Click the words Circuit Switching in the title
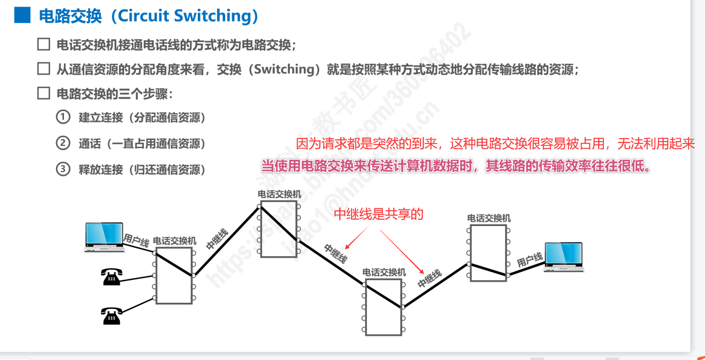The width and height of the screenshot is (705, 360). tap(184, 16)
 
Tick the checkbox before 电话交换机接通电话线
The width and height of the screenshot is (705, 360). tap(43, 45)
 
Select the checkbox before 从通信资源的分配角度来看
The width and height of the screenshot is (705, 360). tap(43, 69)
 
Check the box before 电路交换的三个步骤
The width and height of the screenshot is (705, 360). tap(43, 93)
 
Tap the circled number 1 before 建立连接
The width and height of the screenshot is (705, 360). tap(63, 117)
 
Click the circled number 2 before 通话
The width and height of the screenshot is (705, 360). tap(63, 143)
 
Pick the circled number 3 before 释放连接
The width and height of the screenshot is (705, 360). tap(63, 169)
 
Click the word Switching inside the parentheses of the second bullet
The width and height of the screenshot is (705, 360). tap(283, 70)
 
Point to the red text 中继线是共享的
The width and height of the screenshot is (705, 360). tap(378, 215)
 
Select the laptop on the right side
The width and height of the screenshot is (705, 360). tap(564, 257)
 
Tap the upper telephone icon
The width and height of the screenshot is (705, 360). tap(111, 277)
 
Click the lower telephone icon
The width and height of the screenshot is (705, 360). tap(111, 316)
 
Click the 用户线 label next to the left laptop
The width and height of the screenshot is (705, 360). tap(136, 239)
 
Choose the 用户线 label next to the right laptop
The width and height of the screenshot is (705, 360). tap(529, 260)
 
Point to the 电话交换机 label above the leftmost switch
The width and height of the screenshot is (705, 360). tap(174, 241)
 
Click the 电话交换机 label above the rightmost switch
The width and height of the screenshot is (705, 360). tap(489, 218)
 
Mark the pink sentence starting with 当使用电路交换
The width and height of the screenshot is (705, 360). tap(456, 166)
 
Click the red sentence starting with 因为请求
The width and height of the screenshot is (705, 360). tap(495, 143)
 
